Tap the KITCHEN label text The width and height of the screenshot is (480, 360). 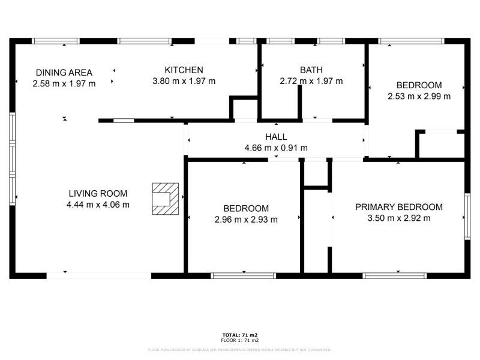pos(184,70)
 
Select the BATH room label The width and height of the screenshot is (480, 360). pos(311,70)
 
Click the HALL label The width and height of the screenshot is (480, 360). pos(276,137)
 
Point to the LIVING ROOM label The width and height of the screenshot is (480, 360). pos(98,193)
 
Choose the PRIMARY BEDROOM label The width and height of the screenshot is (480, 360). pos(399,207)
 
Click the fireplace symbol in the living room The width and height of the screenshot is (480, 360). pos(164,198)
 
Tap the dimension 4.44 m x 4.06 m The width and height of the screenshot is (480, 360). pos(98,205)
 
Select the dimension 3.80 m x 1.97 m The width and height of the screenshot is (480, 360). pos(184,81)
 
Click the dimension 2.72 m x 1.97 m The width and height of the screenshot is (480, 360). pos(311,81)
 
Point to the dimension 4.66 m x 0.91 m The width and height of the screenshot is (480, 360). pos(276,148)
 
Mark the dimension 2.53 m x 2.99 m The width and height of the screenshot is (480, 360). pos(419,96)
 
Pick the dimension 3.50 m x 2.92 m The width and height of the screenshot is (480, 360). pos(399,218)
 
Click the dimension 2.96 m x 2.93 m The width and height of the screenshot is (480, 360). pos(246,220)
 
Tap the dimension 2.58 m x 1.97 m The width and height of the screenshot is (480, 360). pos(64,83)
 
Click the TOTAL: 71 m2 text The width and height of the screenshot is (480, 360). pos(240,335)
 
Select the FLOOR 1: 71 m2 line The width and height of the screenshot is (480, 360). pos(240,340)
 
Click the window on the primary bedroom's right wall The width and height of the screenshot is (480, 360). pos(467,217)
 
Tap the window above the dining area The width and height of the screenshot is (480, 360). pos(55,41)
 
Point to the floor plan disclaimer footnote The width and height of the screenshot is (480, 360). pos(240,350)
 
